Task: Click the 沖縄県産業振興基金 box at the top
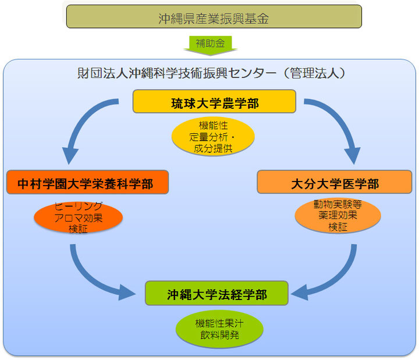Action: pos(214,17)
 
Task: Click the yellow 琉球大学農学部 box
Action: pos(214,102)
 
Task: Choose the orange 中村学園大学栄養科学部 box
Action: pos(87,183)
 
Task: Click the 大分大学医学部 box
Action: pos(334,183)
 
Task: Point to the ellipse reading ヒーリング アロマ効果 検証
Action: pos(78,216)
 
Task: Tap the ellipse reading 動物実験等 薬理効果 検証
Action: pos(338,216)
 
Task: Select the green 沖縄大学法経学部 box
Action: pos(216,294)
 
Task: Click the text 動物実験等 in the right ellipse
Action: pos(338,205)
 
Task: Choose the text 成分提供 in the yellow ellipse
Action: pos(213,147)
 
